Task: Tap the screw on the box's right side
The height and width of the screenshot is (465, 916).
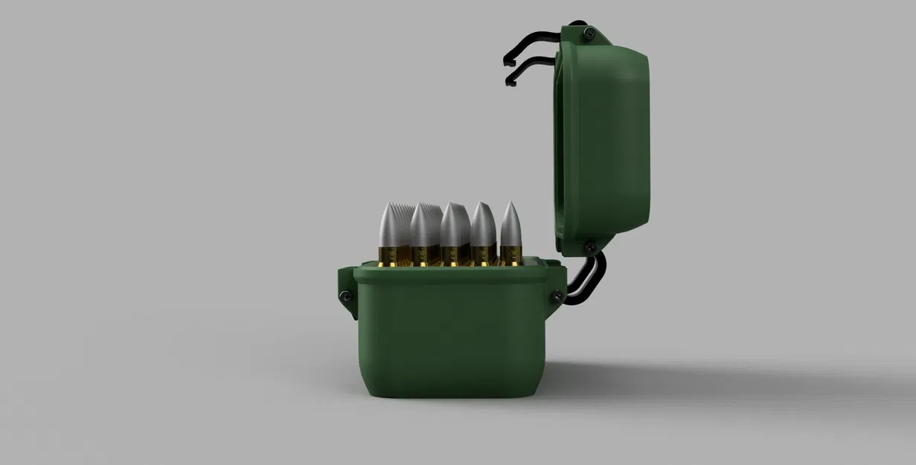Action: (556, 298)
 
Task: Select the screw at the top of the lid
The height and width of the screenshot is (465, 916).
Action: (589, 32)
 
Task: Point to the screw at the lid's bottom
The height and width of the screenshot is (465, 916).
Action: (589, 246)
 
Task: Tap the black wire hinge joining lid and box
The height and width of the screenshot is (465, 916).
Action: (587, 279)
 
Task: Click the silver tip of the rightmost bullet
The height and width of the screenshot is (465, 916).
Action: (510, 223)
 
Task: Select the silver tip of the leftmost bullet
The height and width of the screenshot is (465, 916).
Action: (393, 225)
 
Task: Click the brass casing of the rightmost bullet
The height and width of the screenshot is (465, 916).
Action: (511, 256)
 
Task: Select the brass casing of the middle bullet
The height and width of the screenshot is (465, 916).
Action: (452, 256)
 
